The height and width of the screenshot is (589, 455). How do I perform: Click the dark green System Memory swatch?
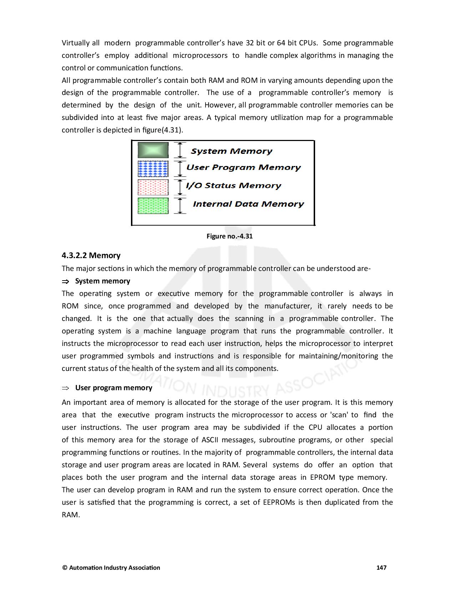pyautogui.click(x=153, y=150)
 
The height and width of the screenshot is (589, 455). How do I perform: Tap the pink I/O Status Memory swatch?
pyautogui.click(x=153, y=187)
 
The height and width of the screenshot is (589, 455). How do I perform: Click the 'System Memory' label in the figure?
pyautogui.click(x=231, y=151)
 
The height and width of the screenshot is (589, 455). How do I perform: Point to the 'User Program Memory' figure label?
pyautogui.click(x=243, y=167)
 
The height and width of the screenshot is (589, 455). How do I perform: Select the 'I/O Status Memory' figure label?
pyautogui.click(x=234, y=186)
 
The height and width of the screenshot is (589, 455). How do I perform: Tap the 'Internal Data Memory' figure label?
pyautogui.click(x=248, y=204)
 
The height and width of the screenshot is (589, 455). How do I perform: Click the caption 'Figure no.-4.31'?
pyautogui.click(x=229, y=236)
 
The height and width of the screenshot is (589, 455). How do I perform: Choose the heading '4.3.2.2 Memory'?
pyautogui.click(x=91, y=256)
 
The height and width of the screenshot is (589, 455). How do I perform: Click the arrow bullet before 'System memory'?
pyautogui.click(x=65, y=282)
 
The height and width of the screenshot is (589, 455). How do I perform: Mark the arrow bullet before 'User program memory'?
pyautogui.click(x=65, y=388)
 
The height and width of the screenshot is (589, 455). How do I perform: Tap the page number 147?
pyautogui.click(x=381, y=568)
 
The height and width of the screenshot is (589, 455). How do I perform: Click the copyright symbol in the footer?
pyautogui.click(x=65, y=568)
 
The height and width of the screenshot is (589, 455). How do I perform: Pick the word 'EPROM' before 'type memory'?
pyautogui.click(x=323, y=478)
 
